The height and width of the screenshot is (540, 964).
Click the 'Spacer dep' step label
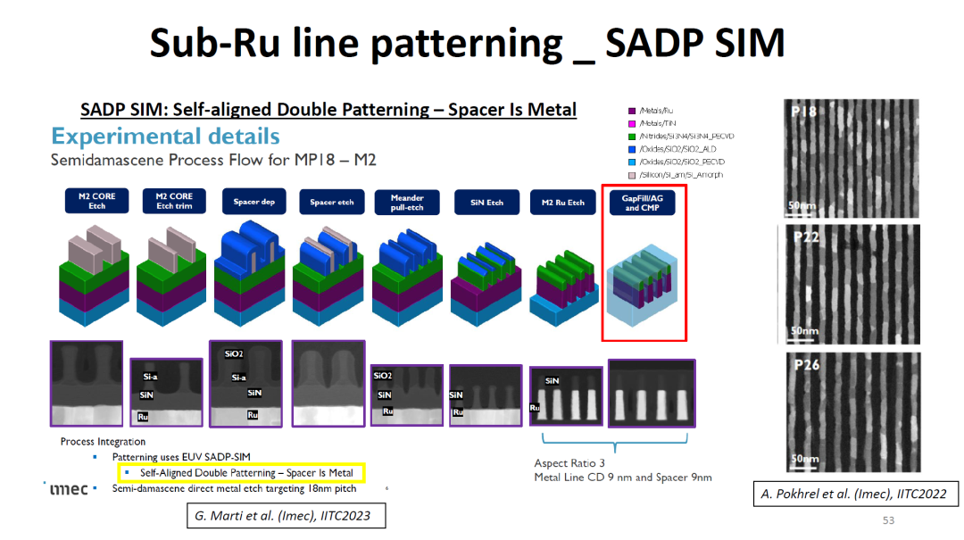point(253,202)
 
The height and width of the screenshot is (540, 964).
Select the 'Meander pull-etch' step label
point(407,202)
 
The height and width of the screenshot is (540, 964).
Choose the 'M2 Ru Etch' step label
point(562,202)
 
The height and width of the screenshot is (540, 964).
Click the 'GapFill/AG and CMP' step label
point(643,202)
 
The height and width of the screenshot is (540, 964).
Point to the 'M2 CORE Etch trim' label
point(174,201)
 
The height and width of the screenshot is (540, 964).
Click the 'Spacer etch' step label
point(330,202)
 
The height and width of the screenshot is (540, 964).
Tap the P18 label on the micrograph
point(805,112)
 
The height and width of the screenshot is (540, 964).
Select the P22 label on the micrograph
point(805,237)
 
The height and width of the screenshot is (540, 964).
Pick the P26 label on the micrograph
point(806,364)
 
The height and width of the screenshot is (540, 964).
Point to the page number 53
point(887,520)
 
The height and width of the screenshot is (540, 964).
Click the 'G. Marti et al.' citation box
point(285,515)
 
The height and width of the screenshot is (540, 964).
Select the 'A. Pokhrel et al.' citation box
point(853,494)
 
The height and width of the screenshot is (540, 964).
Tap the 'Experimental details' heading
point(165,137)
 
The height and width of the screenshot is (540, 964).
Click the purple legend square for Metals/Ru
point(632,110)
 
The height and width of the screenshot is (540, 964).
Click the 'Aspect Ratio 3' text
point(569,463)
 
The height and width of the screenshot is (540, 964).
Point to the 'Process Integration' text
point(103,442)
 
